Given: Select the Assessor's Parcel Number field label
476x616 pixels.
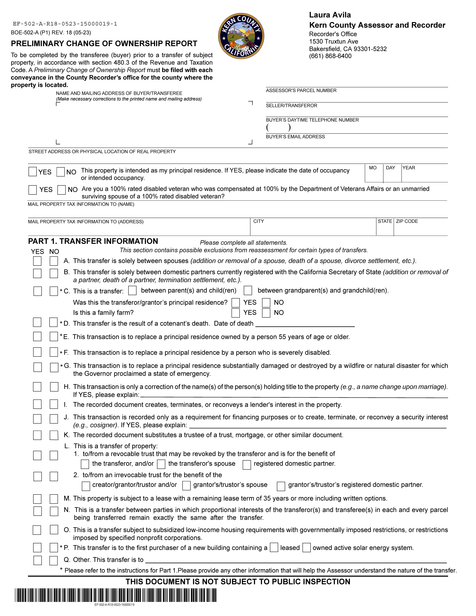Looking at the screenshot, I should coord(301,91).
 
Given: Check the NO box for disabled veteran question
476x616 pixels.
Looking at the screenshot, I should coord(61,190).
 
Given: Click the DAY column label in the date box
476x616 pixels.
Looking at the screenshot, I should coord(390,168).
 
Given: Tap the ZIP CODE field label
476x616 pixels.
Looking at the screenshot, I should coord(407,221).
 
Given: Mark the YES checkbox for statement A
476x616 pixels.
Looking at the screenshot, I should coord(37,261).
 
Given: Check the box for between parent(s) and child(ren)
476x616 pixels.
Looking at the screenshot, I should coord(132,290).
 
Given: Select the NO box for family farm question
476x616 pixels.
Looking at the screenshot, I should coord(266,313).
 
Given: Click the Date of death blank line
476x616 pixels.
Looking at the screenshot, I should coord(305,324).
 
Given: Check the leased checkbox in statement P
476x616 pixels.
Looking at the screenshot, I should coord(274,548).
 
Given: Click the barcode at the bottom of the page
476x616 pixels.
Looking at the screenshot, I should coord(116,595).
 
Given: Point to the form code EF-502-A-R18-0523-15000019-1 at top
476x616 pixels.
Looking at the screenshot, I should coord(65,24).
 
